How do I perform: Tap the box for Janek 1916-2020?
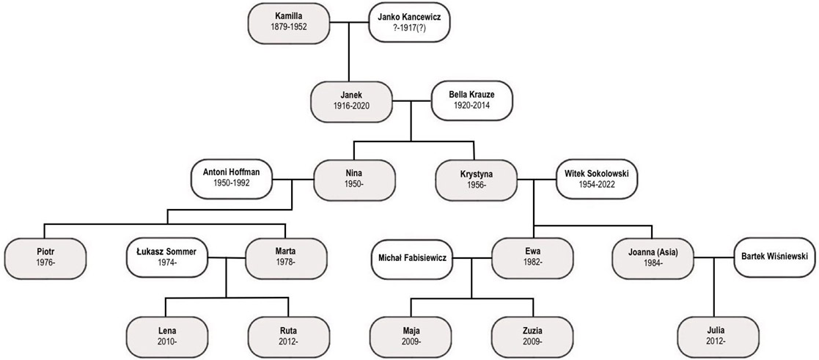tap(351, 100)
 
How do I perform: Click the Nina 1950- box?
tap(355, 179)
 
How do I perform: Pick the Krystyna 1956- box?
tap(476, 179)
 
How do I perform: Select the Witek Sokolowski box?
tap(597, 179)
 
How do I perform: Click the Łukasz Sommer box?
tap(167, 257)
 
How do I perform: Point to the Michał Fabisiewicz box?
tap(412, 257)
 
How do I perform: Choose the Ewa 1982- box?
tap(532, 257)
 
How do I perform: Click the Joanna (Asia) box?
tap(653, 257)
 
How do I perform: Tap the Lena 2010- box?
tap(166, 336)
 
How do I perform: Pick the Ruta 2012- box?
tap(288, 336)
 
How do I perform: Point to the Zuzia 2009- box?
tap(532, 336)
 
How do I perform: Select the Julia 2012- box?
tap(715, 336)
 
